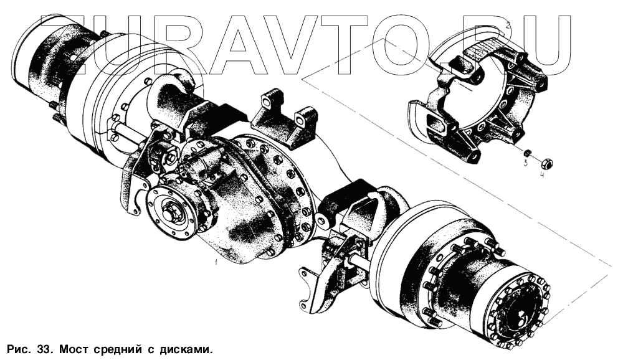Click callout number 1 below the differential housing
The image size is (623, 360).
point(216,262)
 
